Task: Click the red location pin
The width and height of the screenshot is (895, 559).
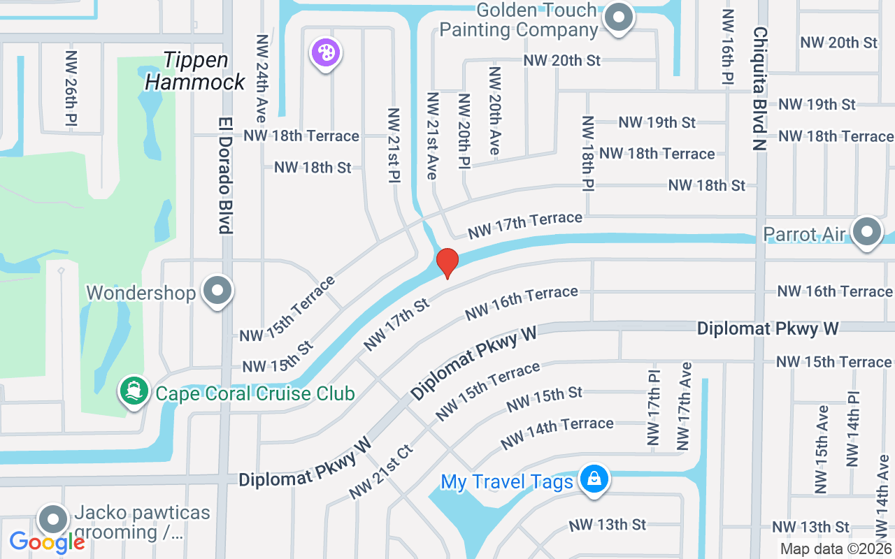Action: [x=447, y=263]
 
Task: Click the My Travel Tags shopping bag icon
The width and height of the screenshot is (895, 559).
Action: [x=594, y=479]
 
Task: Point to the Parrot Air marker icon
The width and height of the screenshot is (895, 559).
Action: [x=868, y=231]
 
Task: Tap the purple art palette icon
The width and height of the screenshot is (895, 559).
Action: [x=325, y=52]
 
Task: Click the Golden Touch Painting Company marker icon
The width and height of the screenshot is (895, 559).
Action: [x=618, y=17]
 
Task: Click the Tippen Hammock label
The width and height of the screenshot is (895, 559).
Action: [x=196, y=71]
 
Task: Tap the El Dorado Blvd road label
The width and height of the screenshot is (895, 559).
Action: [x=224, y=174]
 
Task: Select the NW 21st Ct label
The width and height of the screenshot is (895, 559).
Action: [x=381, y=471]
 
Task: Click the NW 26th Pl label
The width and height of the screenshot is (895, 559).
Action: [x=71, y=88]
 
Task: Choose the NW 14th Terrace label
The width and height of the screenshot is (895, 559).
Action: [x=557, y=433]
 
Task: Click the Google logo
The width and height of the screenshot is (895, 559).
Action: [x=46, y=542]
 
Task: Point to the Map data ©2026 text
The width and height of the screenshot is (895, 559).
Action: [x=836, y=549]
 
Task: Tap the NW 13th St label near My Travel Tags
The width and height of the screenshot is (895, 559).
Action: [x=607, y=524]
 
